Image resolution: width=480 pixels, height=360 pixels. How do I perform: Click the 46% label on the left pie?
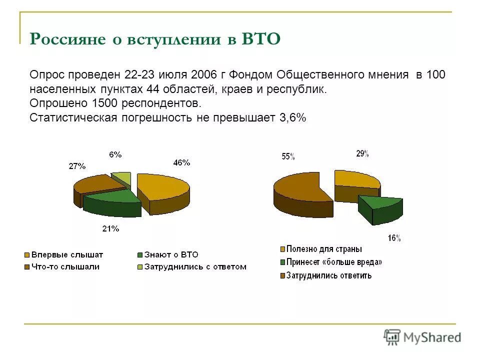pyautogui.click(x=181, y=162)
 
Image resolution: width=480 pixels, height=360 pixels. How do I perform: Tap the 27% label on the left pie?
pyautogui.click(x=77, y=166)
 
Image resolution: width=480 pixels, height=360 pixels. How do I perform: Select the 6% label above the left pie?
pyautogui.click(x=115, y=154)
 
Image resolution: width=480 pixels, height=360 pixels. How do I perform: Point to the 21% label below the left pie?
pyautogui.click(x=110, y=228)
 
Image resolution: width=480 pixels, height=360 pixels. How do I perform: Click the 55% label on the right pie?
pyautogui.click(x=288, y=156)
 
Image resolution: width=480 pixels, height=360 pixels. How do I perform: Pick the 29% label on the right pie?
pyautogui.click(x=362, y=154)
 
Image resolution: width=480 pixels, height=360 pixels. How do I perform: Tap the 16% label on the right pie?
pyautogui.click(x=394, y=238)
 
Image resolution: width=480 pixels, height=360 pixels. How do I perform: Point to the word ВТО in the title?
pyautogui.click(x=261, y=39)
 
